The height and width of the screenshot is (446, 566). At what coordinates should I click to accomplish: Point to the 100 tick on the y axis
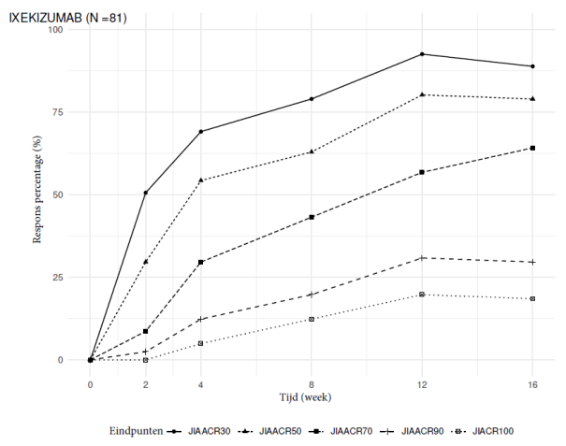point(55,30)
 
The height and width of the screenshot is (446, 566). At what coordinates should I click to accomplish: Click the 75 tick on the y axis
point(58,112)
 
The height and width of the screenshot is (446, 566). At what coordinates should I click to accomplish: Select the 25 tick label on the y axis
point(58,278)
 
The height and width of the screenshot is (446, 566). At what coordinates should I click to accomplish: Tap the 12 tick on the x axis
point(422,383)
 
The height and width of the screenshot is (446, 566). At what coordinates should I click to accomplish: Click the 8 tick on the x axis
point(312,383)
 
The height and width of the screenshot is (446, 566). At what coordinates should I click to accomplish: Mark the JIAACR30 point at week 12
point(422,54)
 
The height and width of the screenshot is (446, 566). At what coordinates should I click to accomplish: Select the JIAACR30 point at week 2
point(146,193)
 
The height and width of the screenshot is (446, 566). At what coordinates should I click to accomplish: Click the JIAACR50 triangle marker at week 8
point(312,151)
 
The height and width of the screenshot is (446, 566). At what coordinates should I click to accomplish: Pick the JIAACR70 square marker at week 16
point(532,148)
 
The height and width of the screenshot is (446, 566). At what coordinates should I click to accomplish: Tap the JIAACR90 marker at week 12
point(422,257)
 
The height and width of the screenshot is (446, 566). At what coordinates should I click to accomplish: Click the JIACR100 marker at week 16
point(532,298)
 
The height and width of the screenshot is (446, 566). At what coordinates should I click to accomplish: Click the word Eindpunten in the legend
point(137,431)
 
